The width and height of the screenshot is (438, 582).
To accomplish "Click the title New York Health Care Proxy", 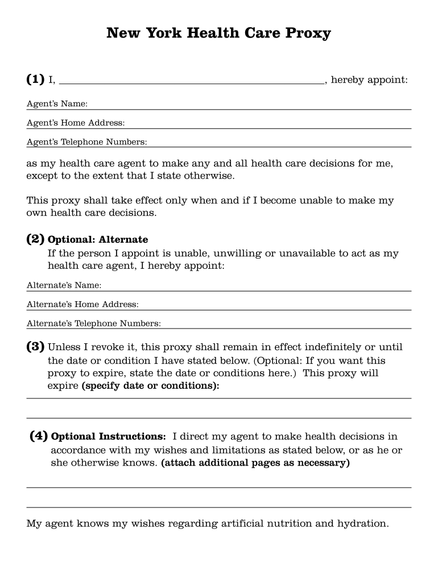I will [x=218, y=33].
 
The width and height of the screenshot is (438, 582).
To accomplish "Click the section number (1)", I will [x=35, y=80].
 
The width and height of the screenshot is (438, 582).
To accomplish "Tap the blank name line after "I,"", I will [x=191, y=80].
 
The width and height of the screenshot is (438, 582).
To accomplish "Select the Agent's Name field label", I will [x=57, y=104].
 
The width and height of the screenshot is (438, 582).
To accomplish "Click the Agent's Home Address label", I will [x=76, y=123].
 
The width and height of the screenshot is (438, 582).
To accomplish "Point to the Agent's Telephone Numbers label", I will [x=86, y=142].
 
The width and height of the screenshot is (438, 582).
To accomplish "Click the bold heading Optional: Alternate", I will [x=98, y=240].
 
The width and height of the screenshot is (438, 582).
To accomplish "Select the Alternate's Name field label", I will [x=64, y=285].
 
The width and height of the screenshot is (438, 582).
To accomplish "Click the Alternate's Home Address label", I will [x=82, y=304].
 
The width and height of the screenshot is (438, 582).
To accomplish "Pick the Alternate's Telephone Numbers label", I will [x=93, y=323].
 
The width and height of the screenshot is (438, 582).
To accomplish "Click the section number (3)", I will [x=35, y=346].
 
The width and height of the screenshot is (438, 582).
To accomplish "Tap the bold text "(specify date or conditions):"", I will [x=151, y=386].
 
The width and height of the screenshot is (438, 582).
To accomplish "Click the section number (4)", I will [x=39, y=436].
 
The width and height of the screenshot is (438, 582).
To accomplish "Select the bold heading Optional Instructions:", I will [x=109, y=436].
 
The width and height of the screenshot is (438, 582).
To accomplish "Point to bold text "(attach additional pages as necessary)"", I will [x=255, y=463].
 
